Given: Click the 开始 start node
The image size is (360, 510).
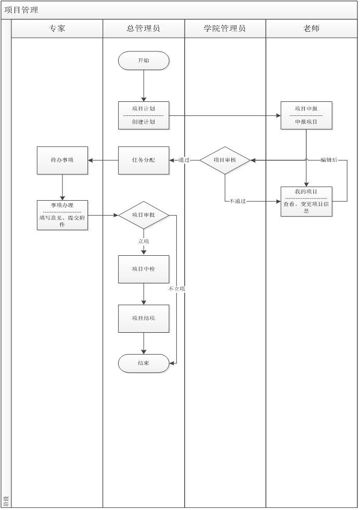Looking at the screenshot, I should [144, 61].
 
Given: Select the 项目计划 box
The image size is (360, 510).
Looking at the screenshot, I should [144, 115].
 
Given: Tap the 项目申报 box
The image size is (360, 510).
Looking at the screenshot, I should [306, 115].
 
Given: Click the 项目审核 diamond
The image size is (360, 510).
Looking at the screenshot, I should [225, 160].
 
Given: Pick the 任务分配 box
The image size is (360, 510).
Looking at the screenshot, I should [144, 160].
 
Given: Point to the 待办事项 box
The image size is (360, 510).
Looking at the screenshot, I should [62, 160].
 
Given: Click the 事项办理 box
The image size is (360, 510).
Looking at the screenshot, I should [62, 215].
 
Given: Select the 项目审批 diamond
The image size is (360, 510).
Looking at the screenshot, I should [144, 215].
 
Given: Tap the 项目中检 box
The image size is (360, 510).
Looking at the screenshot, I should [144, 269].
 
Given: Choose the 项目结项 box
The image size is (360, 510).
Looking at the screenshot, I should [144, 318].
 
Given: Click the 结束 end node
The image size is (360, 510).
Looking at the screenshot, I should [144, 363].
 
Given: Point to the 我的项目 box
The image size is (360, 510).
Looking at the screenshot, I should [306, 201].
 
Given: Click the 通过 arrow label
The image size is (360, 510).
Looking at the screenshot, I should [184, 160].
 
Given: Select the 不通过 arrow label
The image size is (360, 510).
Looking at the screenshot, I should [237, 201].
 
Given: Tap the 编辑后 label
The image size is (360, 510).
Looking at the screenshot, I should [329, 160].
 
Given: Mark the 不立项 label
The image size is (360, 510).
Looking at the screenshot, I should [176, 289].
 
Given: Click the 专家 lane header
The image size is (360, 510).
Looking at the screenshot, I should [57, 29].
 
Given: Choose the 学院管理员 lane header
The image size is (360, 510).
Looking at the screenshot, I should [225, 29].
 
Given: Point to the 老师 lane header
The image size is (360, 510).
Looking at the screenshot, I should [311, 29].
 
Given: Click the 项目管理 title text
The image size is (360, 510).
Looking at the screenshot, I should [21, 10].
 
